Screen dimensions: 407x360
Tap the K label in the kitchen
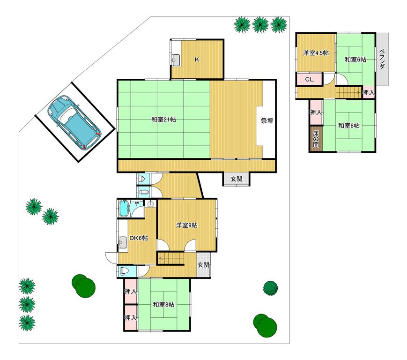[197, 60]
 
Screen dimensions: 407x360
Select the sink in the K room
[176, 60]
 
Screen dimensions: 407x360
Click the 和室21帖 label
[163, 120]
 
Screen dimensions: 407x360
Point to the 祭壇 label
[267, 120]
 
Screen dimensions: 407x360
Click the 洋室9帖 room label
[186, 225]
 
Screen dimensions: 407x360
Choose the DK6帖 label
[139, 238]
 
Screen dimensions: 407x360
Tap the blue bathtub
[124, 208]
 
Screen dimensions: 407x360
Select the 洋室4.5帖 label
[316, 53]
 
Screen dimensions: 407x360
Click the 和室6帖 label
[355, 60]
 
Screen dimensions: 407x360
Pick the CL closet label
[309, 80]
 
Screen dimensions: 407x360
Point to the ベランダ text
[382, 59]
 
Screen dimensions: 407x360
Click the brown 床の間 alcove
[316, 139]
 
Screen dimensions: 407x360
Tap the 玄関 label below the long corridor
[237, 179]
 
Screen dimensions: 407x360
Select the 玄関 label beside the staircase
[203, 265]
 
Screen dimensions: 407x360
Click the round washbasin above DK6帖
[150, 204]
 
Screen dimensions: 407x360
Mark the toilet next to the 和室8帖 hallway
[124, 271]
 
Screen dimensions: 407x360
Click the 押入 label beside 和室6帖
[369, 92]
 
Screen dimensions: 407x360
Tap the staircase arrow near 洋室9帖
[171, 258]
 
